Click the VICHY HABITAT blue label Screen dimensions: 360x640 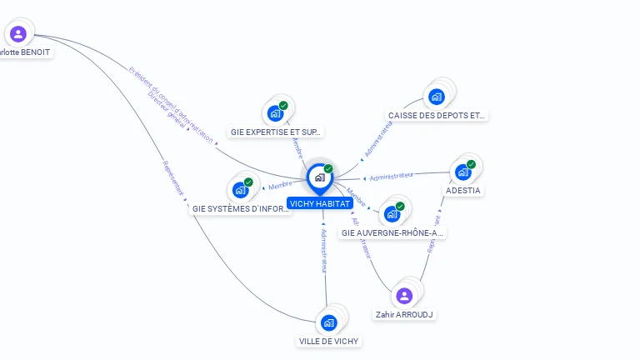click(319, 203)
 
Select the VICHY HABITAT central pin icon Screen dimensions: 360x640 click(319, 177)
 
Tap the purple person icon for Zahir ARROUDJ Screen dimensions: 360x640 click(404, 296)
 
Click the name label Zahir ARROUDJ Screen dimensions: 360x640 click(404, 315)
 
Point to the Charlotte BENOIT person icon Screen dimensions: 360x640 click(18, 34)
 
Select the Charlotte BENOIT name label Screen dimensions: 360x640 click(25, 52)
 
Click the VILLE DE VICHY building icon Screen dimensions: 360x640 click(329, 322)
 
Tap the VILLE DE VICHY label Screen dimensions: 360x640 click(330, 341)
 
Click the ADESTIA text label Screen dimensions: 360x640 click(463, 190)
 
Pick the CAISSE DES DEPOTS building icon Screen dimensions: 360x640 click(436, 97)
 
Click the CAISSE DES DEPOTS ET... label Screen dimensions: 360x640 click(437, 115)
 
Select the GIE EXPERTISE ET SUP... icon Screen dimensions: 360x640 click(275, 113)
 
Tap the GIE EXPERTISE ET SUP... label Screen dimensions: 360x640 click(276, 132)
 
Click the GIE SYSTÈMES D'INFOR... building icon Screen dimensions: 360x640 click(240, 190)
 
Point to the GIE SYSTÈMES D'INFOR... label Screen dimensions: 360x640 click(241, 208)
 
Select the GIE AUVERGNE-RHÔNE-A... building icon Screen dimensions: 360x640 click(392, 213)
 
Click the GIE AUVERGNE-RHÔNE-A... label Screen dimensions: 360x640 click(392, 232)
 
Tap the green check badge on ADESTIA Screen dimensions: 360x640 click(471, 164)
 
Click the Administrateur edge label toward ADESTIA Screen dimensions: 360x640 click(392, 176)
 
